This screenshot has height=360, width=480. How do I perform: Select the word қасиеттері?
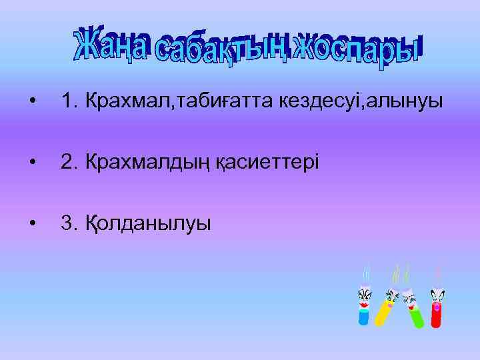[x=267, y=162]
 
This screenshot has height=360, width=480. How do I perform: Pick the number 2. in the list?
[x=67, y=162]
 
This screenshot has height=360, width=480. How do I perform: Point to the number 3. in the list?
[x=67, y=223]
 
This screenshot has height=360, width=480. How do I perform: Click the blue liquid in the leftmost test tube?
[x=363, y=317]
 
